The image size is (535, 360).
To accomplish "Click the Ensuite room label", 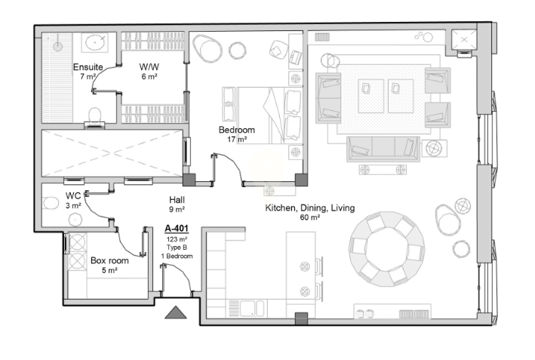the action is (88, 67).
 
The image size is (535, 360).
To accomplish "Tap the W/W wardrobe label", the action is (149, 67).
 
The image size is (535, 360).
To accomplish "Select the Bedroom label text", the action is (237, 130).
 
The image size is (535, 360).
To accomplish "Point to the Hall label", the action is (177, 199).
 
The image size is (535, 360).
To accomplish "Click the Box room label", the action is (109, 260).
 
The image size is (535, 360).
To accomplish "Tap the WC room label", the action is (73, 196).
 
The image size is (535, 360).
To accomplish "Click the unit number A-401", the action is (177, 228).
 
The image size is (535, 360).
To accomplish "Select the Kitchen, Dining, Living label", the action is (310, 208).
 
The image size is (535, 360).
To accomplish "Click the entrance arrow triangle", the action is (176, 312).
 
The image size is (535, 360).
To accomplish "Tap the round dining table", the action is (387, 248).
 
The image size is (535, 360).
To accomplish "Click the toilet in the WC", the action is (51, 203).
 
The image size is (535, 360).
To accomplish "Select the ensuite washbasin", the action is (94, 43).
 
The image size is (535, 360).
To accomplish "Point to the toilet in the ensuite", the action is (95, 116).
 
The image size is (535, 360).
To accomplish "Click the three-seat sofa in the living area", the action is (383, 149).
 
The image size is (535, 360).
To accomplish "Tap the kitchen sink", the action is (252, 308).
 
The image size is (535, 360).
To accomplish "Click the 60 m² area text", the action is (310, 217).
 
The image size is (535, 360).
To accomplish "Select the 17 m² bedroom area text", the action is (237, 139).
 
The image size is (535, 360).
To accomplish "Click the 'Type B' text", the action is (177, 248).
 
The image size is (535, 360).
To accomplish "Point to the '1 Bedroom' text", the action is (177, 256).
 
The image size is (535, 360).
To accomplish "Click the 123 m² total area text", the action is (177, 239).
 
